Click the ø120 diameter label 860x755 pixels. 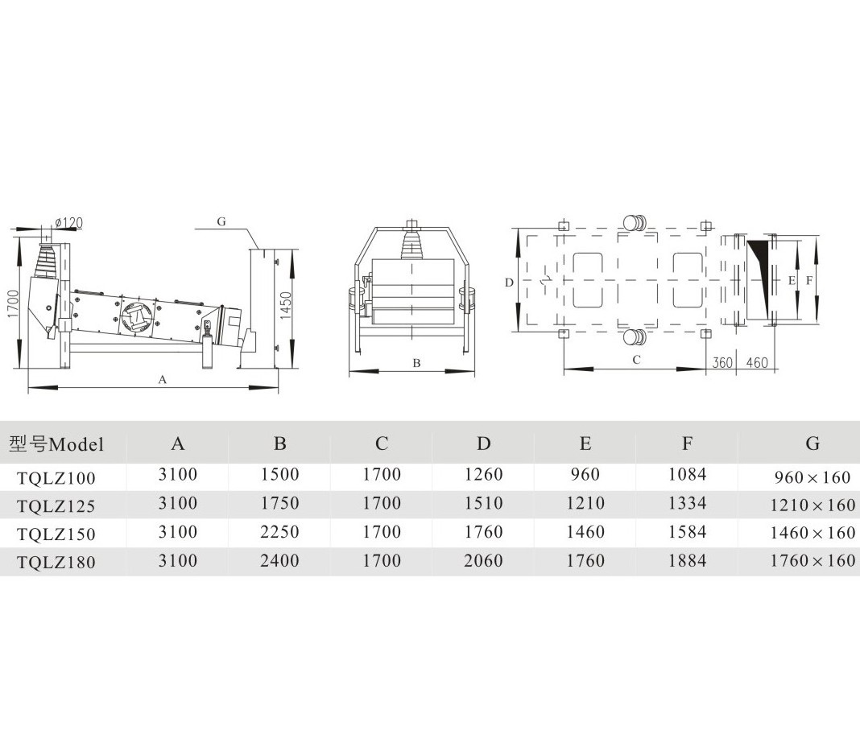[68, 223]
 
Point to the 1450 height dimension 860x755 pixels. [287, 307]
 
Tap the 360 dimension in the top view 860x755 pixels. [722, 362]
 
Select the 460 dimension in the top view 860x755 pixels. [757, 362]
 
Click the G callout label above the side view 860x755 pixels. [221, 221]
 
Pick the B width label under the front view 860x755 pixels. [416, 363]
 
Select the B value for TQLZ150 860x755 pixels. [279, 532]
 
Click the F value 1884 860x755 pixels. [687, 560]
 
